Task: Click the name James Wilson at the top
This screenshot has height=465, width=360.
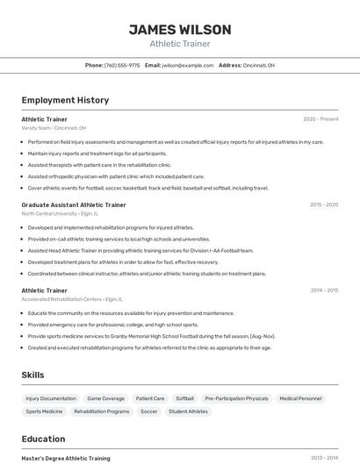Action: pyautogui.click(x=179, y=30)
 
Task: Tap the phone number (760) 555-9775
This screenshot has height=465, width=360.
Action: pyautogui.click(x=122, y=65)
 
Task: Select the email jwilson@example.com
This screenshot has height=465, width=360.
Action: pyautogui.click(x=188, y=65)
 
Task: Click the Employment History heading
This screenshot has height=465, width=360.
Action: pyautogui.click(x=65, y=100)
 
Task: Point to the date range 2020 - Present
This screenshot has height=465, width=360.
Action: pyautogui.click(x=320, y=118)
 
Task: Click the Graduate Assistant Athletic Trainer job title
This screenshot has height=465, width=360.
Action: pyautogui.click(x=74, y=204)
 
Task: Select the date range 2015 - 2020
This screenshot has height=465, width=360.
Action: pyautogui.click(x=324, y=204)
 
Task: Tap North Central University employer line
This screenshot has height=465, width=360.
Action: pyautogui.click(x=60, y=213)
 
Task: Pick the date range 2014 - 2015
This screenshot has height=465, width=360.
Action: pyautogui.click(x=324, y=290)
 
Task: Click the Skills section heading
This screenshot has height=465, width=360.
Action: pyautogui.click(x=32, y=375)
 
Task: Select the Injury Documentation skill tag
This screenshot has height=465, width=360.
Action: pyautogui.click(x=51, y=398)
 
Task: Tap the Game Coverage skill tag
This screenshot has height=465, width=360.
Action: pyautogui.click(x=105, y=398)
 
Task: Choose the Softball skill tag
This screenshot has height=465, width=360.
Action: pyautogui.click(x=184, y=398)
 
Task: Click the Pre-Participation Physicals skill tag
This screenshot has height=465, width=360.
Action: pyautogui.click(x=236, y=398)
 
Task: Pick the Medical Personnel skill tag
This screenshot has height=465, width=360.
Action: pyautogui.click(x=300, y=398)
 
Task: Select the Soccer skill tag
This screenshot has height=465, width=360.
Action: pyautogui.click(x=149, y=411)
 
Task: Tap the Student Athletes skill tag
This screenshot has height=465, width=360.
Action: pyautogui.click(x=188, y=411)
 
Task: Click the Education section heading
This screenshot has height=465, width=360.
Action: pyautogui.click(x=43, y=439)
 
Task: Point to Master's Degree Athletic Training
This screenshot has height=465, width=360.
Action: pyautogui.click(x=66, y=458)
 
